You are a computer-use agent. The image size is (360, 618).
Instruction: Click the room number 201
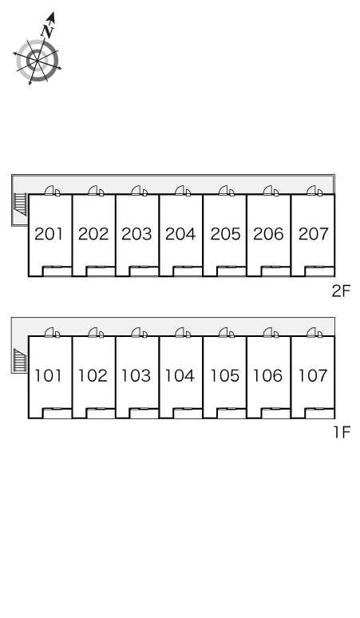[x=49, y=234]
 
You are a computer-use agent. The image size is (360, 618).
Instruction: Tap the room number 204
[x=180, y=234]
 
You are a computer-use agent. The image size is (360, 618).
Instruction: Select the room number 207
[x=314, y=234]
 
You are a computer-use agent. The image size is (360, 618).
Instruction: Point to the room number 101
[x=48, y=375]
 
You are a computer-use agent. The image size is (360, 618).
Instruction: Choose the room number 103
[x=136, y=375]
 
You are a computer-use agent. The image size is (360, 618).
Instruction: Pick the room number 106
[x=268, y=375]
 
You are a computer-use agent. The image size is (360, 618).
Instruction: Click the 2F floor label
[x=341, y=291]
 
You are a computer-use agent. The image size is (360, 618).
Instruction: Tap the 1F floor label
[x=342, y=433]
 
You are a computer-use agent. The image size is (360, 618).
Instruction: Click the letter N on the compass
[x=48, y=31]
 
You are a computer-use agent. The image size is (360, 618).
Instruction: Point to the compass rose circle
[x=38, y=61]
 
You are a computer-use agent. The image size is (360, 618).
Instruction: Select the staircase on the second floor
[x=20, y=204]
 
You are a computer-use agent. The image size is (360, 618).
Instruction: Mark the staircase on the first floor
[x=20, y=360]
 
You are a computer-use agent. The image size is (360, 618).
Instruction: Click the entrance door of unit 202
[x=95, y=191]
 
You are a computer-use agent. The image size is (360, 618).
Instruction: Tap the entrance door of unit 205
[x=226, y=191]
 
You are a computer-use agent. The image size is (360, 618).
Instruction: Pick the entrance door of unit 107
[x=314, y=333]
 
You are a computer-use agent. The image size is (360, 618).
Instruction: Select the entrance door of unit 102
[x=95, y=333]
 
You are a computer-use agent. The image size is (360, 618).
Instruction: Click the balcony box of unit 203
[x=144, y=271]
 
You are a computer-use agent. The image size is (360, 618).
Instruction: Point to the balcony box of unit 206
[x=275, y=271]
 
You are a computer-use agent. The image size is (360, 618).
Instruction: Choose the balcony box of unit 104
[x=188, y=413]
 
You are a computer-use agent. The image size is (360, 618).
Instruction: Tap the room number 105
[x=225, y=375]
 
